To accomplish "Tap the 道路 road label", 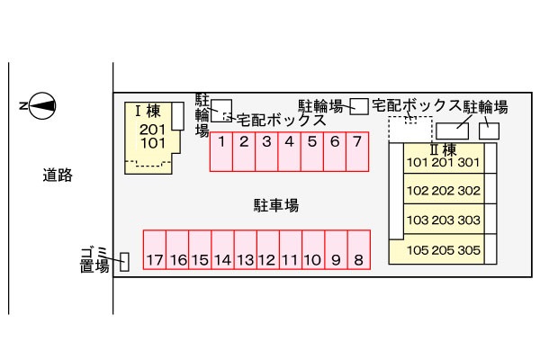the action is point(57,175).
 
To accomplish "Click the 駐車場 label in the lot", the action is point(275,205).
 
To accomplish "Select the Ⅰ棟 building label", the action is point(147,112).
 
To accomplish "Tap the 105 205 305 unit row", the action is point(444,251).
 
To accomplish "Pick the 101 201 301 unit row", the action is point(444,163).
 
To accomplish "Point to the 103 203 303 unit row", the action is point(444,220).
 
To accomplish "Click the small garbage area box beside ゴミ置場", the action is point(124,262).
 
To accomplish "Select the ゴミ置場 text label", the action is point(93,258).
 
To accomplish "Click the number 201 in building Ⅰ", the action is point(152,129).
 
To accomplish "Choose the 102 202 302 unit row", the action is point(444,191).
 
